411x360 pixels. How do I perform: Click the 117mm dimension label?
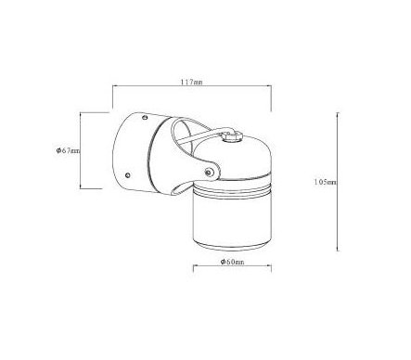(x=191, y=83)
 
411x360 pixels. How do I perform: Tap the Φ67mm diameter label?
(x=68, y=150)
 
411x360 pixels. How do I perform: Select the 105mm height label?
(x=325, y=182)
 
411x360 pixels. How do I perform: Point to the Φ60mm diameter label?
(x=232, y=262)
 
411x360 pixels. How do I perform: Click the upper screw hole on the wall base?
(x=145, y=117)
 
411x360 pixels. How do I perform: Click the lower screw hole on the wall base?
(x=127, y=175)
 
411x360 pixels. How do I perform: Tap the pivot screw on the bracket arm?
(x=209, y=173)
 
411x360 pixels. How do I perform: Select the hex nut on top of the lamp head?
(x=232, y=135)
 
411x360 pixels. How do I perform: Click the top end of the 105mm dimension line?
(x=338, y=113)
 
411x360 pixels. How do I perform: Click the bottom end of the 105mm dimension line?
(x=338, y=251)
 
